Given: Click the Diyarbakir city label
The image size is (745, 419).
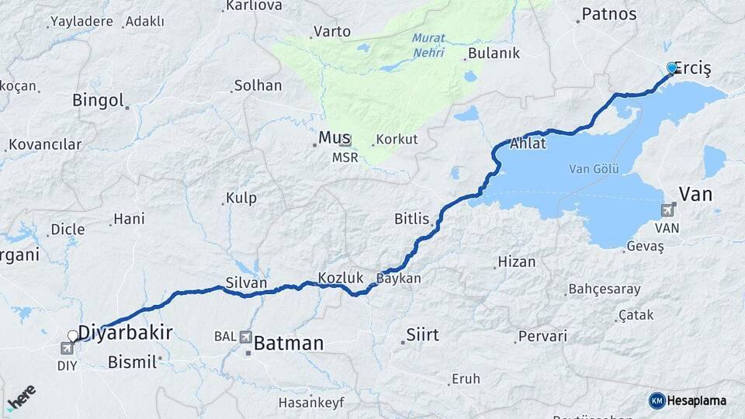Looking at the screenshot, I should (125, 333).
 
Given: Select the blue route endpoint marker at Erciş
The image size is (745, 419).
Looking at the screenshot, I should (672, 68).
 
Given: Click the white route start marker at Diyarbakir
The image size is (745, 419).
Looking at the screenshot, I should (73, 336).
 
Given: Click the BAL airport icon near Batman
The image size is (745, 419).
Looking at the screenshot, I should (246, 337).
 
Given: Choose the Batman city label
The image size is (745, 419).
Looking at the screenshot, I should (288, 342).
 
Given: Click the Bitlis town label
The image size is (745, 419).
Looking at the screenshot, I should (411, 219).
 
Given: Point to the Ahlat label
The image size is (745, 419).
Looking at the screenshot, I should (528, 144).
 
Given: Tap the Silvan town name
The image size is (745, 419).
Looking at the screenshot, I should (246, 283).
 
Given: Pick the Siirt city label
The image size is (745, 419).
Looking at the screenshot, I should (422, 335).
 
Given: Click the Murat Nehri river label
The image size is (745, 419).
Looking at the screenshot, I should (428, 44).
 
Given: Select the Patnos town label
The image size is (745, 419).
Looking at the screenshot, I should (608, 14).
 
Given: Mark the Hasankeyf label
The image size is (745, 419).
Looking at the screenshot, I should (310, 403).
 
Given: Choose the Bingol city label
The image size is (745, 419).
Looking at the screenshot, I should (98, 100).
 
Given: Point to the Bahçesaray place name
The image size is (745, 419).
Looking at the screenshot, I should (605, 289).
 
